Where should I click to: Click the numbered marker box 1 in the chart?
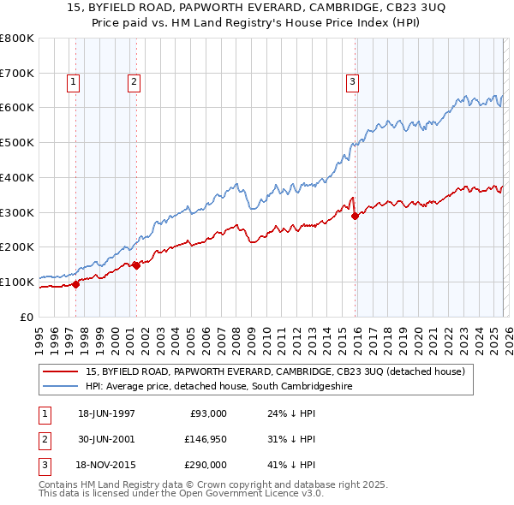73,82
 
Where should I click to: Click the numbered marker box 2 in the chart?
134,82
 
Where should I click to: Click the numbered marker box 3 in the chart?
352,82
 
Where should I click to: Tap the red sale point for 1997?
76,284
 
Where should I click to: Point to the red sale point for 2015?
355,216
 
